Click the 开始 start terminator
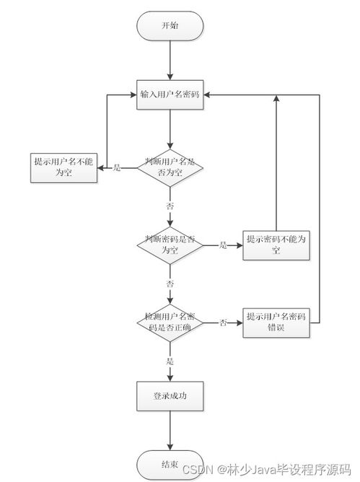coord(170,25)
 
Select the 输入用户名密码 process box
coord(171,95)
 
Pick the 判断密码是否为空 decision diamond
coord(170,244)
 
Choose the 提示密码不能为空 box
coord(276,245)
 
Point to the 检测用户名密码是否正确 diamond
coord(170,322)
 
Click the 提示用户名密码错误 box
coord(276,322)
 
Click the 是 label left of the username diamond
coord(118,167)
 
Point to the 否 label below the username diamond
coord(170,206)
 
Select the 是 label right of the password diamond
coord(223,245)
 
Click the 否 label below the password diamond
coord(170,283)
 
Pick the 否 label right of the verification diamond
coord(224,322)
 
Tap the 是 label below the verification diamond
coord(170,360)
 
